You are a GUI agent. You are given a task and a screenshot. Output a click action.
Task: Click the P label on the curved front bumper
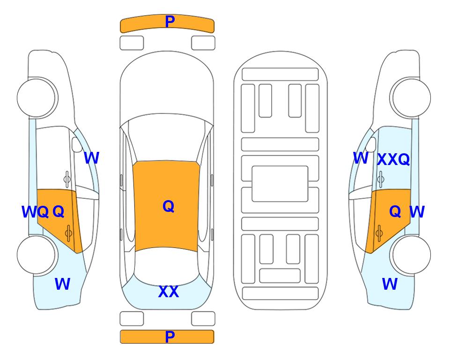pyautogui.click(x=170, y=22)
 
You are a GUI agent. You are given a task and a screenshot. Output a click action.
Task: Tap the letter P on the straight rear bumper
pyautogui.click(x=170, y=337)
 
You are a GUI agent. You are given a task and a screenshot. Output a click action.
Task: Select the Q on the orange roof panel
pyautogui.click(x=169, y=206)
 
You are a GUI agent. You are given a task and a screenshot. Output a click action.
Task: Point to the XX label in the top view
pyautogui.click(x=169, y=292)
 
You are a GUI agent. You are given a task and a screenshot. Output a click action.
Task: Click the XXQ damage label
pyautogui.click(x=393, y=159)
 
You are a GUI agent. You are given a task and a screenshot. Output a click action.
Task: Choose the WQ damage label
pyautogui.click(x=35, y=212)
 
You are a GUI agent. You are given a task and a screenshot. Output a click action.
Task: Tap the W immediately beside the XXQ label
pyautogui.click(x=361, y=158)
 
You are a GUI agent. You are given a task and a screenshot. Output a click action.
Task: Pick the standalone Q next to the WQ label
pyautogui.click(x=59, y=212)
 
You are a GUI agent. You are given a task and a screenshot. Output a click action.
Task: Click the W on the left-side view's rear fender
pyautogui.click(x=62, y=284)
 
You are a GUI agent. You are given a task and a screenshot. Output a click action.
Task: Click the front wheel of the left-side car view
pyautogui.click(x=36, y=97)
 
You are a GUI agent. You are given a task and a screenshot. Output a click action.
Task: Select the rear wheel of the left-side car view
pyautogui.click(x=36, y=255)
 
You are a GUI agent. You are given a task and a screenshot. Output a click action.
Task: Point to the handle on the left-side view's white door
pyautogui.click(x=67, y=179)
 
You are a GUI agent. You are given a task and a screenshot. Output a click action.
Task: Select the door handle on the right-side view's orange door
pyautogui.click(x=379, y=233)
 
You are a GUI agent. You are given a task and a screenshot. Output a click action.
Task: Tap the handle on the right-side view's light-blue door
pyautogui.click(x=381, y=179)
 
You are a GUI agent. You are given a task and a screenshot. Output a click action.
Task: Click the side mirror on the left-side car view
pyautogui.click(x=77, y=144)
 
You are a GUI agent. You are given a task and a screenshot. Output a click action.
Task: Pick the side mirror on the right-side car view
pyautogui.click(x=371, y=144)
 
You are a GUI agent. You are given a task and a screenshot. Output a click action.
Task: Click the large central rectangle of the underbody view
pyautogui.click(x=280, y=184)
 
